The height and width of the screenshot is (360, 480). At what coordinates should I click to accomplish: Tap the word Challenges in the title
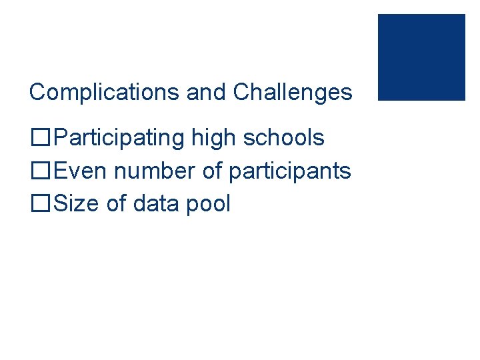tap(292, 92)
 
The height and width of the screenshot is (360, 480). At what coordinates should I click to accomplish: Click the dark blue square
tap(421, 57)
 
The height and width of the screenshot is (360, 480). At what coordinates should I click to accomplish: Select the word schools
tap(283, 138)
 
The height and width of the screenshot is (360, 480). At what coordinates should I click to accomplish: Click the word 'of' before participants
tap(212, 171)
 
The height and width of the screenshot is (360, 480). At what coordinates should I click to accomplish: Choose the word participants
tap(289, 171)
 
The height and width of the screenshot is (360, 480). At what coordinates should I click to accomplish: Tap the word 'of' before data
tap(117, 203)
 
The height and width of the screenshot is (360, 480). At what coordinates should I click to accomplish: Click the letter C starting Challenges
tap(241, 92)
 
